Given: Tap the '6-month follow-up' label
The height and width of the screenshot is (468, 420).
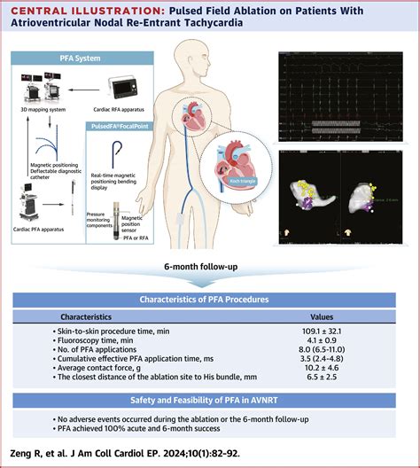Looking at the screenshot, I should [x=210, y=267].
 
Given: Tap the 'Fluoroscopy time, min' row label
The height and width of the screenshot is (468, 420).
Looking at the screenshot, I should [x=98, y=341].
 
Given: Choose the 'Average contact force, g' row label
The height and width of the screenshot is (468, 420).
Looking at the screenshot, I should [x=103, y=370].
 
